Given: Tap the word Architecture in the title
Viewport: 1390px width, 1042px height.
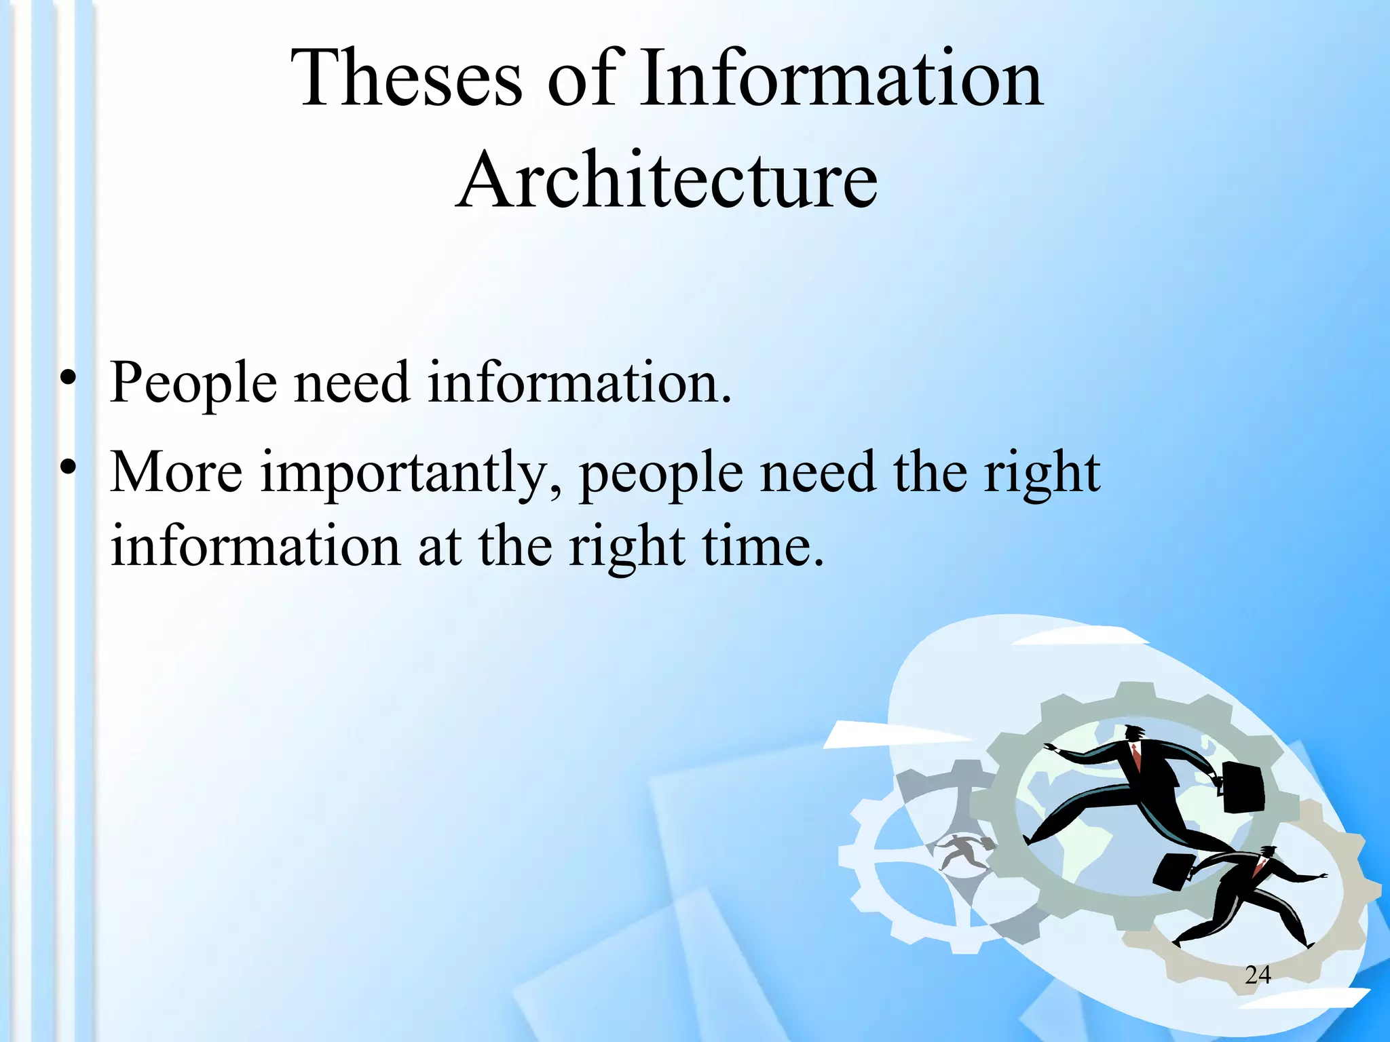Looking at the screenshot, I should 667,180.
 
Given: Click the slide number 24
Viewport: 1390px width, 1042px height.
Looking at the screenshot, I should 1258,975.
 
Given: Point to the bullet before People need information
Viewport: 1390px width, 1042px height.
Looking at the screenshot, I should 67,378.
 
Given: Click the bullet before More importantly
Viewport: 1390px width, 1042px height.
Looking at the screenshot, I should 67,467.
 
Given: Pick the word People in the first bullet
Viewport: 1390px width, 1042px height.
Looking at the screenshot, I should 193,383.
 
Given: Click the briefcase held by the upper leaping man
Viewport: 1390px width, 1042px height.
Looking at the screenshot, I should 1243,787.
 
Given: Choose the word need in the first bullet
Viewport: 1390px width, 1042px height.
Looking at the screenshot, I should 352,383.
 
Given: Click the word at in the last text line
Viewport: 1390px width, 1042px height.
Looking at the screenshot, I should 439,546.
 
